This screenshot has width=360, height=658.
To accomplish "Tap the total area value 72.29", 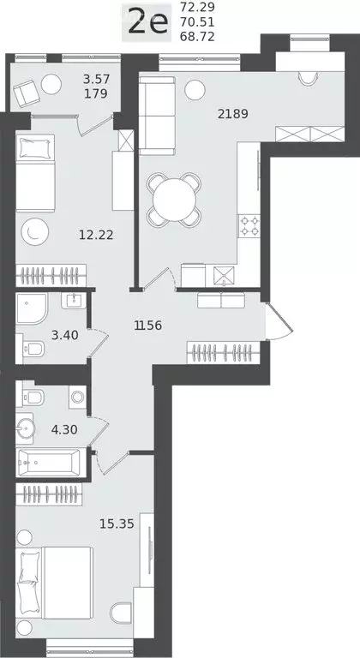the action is [197, 7].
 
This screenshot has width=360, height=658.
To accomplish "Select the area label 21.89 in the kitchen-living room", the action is [233, 114].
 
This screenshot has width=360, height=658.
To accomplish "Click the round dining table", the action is [174, 200].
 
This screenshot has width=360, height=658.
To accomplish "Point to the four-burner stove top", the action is [249, 226].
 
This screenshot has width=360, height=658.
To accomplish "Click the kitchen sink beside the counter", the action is [224, 276].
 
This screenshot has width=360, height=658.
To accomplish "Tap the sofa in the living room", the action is [157, 116].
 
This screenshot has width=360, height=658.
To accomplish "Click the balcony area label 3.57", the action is [96, 79].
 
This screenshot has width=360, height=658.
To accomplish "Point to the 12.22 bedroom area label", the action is [96, 235].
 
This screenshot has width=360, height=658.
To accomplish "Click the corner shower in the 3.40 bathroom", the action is [32, 308].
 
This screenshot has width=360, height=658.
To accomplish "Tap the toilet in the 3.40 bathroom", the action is [33, 348].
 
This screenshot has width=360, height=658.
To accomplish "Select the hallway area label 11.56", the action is [148, 326].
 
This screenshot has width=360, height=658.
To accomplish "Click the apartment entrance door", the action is [278, 321].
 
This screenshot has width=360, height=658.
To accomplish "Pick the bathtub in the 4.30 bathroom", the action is [48, 462].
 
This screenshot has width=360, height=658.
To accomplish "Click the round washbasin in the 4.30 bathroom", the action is [25, 428].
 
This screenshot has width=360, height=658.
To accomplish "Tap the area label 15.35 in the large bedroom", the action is [117, 523].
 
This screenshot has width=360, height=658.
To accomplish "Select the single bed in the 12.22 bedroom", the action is [36, 173].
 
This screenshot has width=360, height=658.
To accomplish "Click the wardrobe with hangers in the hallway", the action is [223, 353].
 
